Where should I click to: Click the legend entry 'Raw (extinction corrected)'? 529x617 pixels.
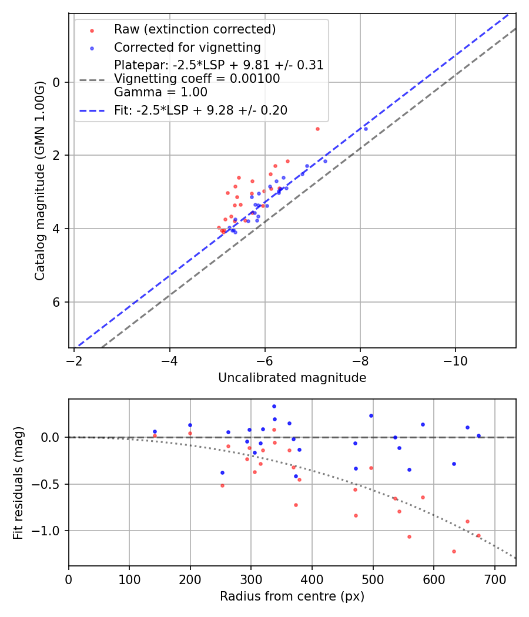(x=195, y=29)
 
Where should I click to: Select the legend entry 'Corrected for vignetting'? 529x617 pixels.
(x=188, y=48)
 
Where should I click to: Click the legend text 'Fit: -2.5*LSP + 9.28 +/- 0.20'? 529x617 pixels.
(x=200, y=110)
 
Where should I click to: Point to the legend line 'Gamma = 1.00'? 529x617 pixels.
(x=160, y=92)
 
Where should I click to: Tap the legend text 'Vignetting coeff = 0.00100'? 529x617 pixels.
(x=197, y=79)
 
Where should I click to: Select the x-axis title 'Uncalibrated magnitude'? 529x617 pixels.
(x=292, y=378)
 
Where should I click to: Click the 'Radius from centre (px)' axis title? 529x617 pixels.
(x=292, y=596)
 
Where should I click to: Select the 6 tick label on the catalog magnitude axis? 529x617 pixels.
(x=56, y=302)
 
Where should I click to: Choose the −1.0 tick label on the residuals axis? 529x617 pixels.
(x=49, y=531)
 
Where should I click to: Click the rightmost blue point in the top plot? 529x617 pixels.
(x=366, y=129)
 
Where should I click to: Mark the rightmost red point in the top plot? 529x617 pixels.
(x=317, y=129)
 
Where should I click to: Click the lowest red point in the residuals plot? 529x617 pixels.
(x=454, y=551)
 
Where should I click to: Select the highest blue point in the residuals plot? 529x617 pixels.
(x=274, y=406)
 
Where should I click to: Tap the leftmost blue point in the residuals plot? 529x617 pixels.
(x=155, y=431)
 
